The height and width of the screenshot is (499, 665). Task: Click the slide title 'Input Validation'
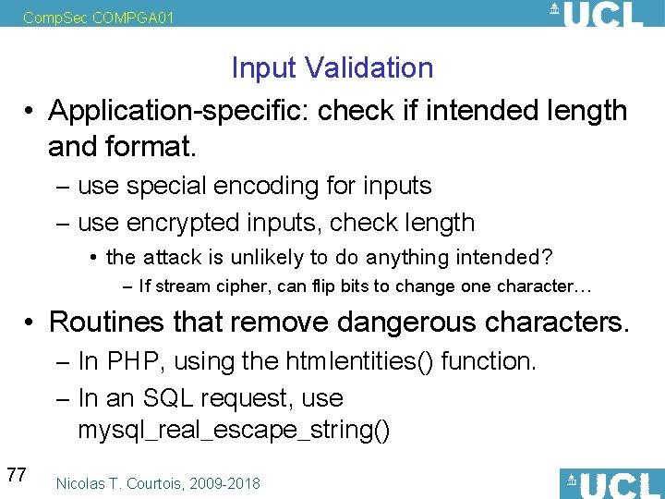[x=332, y=67]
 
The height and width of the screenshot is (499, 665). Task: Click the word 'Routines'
[x=105, y=322]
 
